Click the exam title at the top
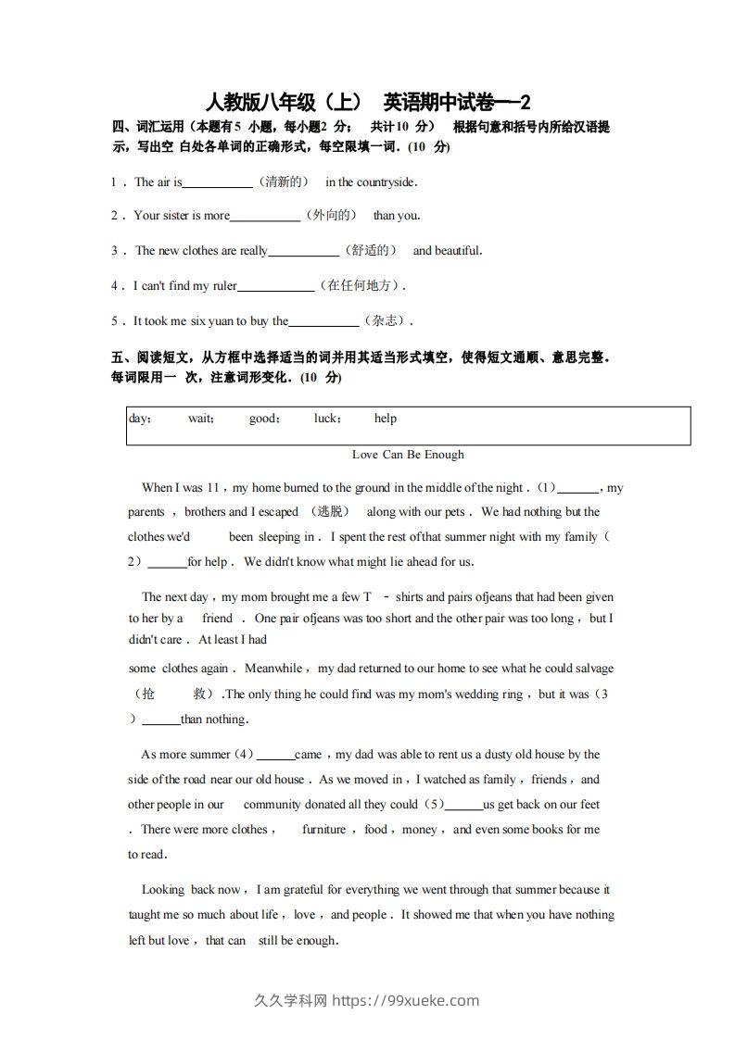click(x=368, y=102)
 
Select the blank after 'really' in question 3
click(x=304, y=252)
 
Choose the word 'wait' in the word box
click(x=201, y=419)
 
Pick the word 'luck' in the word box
click(x=327, y=419)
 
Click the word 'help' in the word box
click(x=386, y=419)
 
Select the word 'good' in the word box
click(x=264, y=419)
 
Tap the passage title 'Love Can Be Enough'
click(x=408, y=455)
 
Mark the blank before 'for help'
click(x=167, y=563)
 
